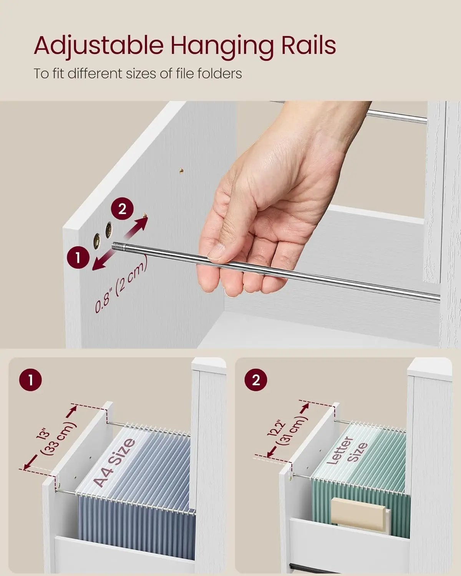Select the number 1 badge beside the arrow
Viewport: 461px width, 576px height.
click(78, 258)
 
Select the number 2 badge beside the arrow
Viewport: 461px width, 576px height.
click(122, 209)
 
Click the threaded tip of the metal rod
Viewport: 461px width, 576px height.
click(119, 246)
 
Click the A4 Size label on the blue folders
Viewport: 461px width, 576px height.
click(114, 462)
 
